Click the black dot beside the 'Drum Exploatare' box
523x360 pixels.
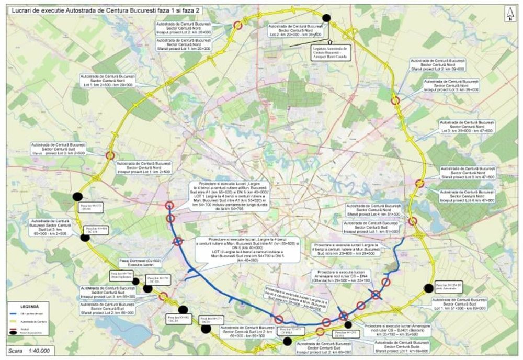click(x=136, y=281)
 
